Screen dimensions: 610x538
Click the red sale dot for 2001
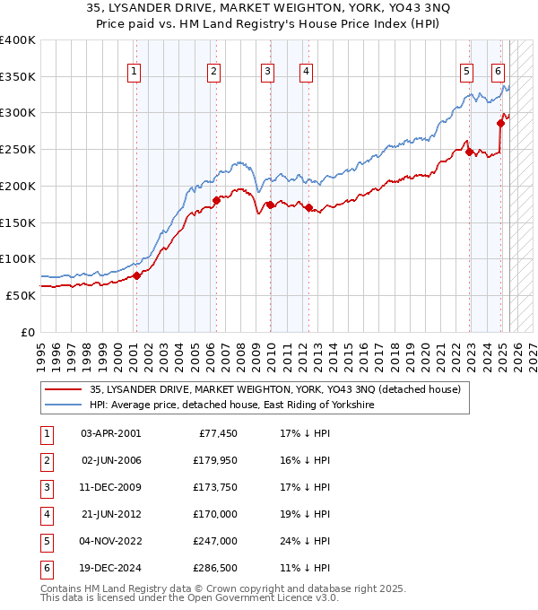137,275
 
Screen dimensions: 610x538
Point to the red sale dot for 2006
216,200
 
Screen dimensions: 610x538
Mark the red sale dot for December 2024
500,123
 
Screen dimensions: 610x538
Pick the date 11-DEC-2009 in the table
110,487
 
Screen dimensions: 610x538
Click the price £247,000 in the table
215,541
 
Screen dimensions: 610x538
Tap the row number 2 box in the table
45,460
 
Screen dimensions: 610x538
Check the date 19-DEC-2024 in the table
110,568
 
